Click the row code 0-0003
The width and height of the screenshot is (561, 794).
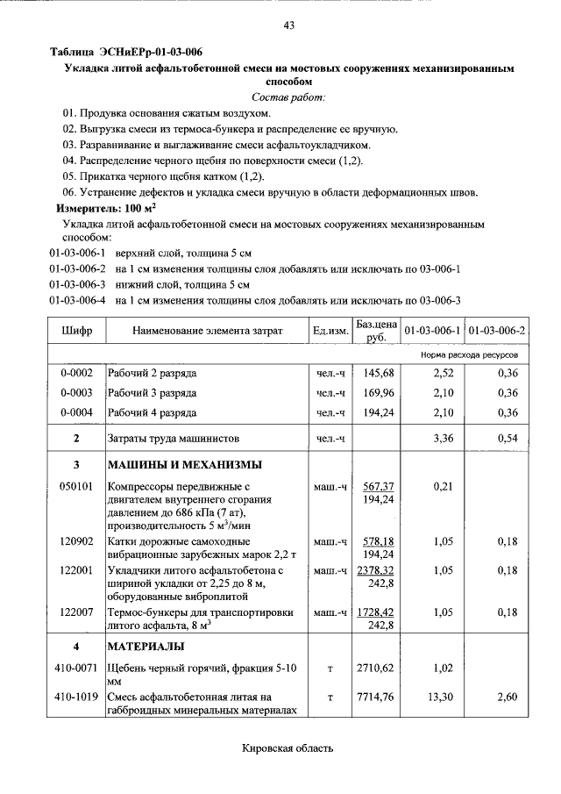[76, 392]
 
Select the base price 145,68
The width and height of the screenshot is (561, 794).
[377, 373]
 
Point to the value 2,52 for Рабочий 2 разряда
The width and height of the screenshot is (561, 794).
[434, 373]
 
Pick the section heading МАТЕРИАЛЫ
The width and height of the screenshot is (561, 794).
[146, 647]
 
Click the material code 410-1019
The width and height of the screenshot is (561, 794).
[76, 697]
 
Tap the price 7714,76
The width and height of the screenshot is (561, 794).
[377, 697]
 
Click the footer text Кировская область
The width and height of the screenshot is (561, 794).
[288, 748]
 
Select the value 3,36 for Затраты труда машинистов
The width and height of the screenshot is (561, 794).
[434, 437]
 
